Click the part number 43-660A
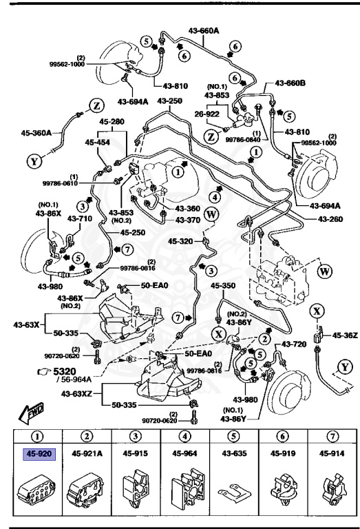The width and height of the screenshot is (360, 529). (204, 30)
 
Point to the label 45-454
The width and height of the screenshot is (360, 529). (98, 142)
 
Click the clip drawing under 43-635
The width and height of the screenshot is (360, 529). (233, 491)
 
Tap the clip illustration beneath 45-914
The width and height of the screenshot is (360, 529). (332, 488)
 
